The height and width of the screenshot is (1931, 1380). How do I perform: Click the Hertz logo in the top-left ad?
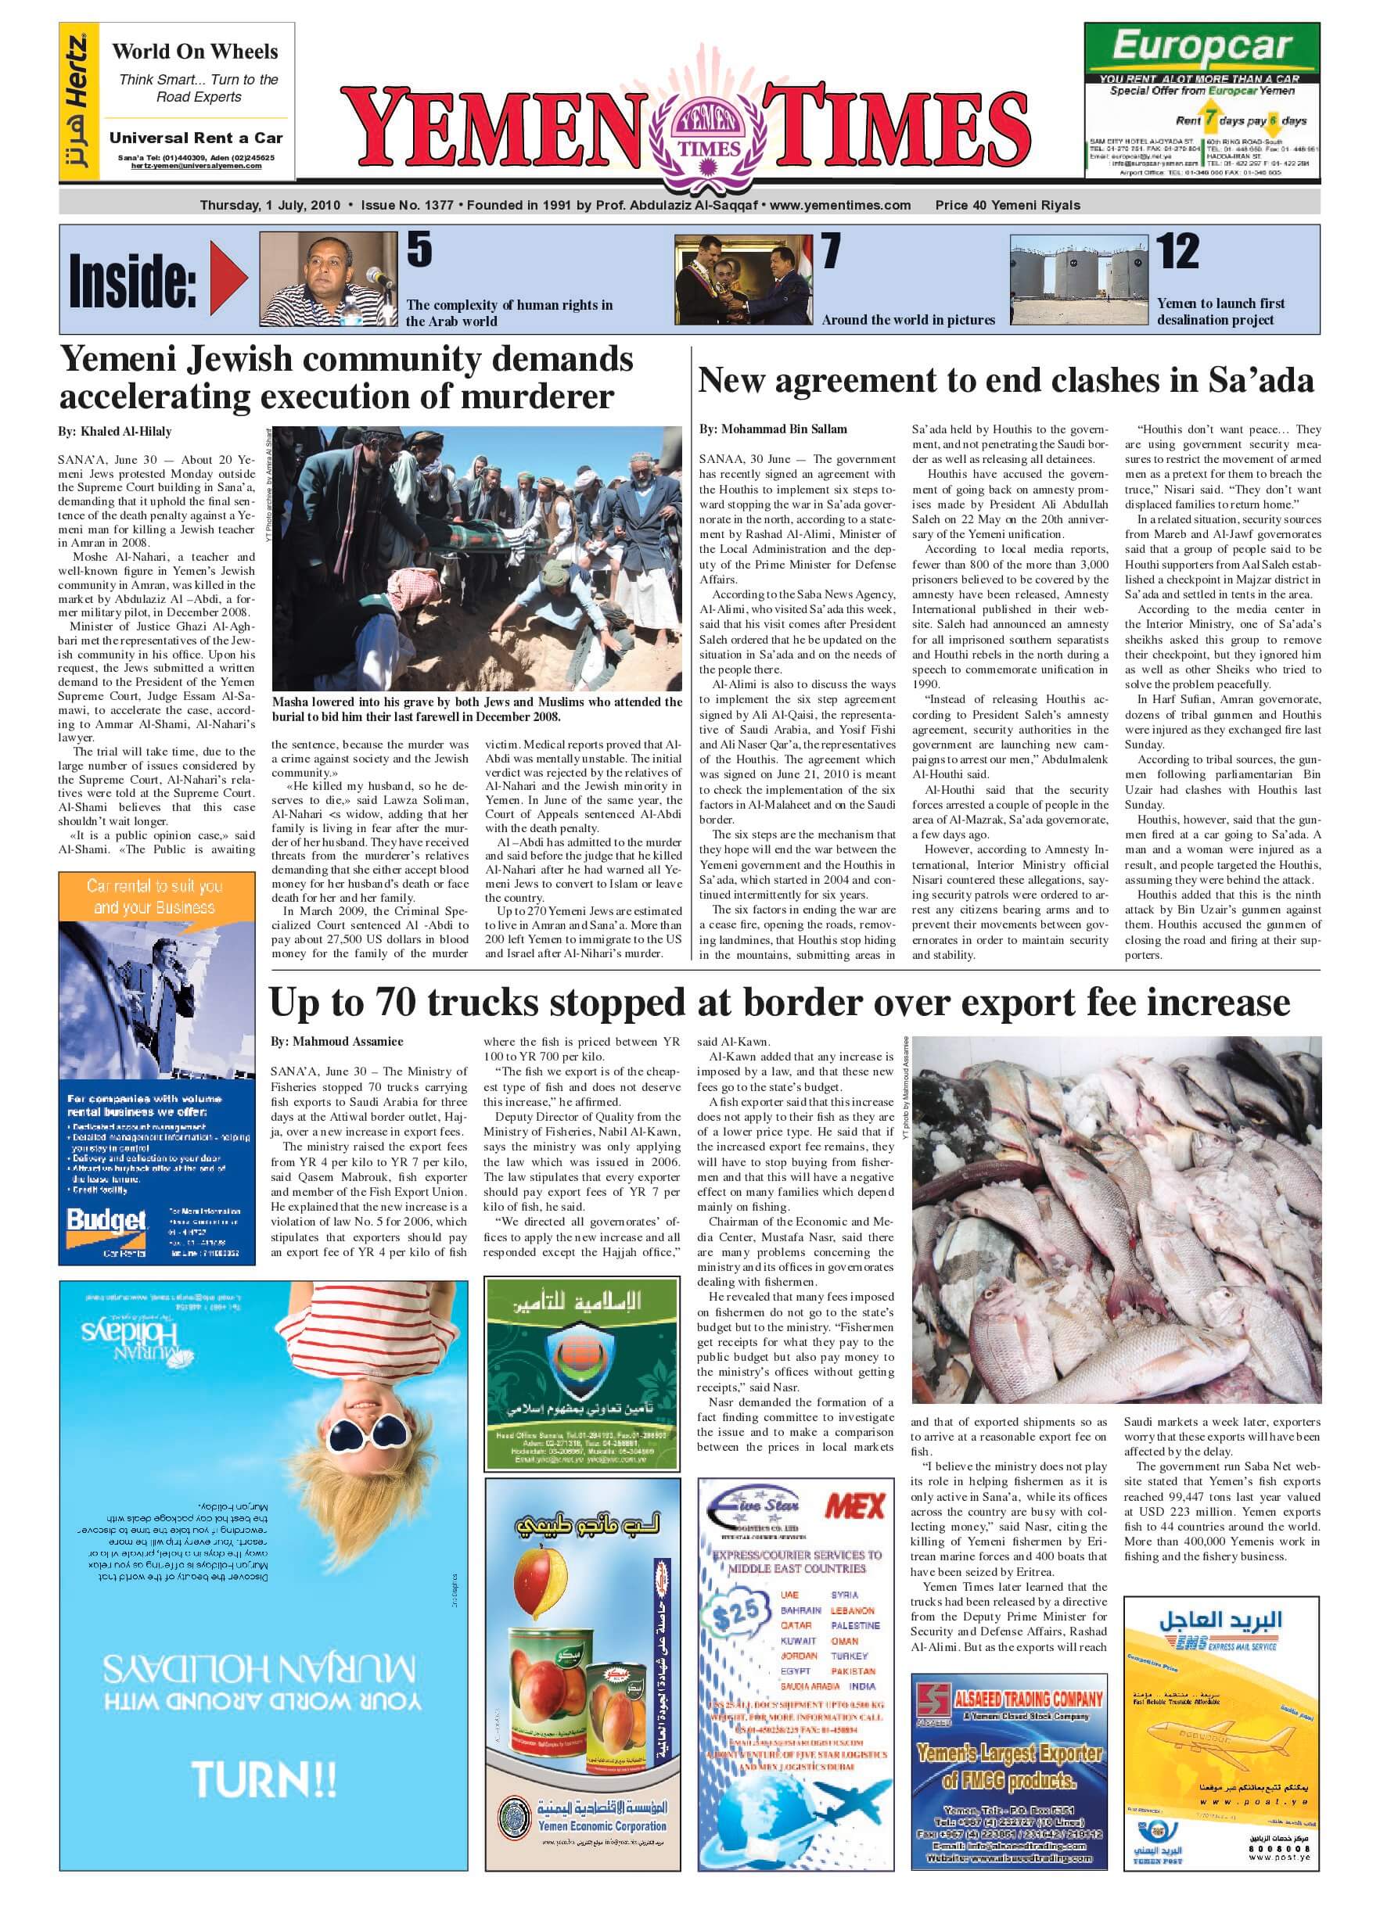point(77,102)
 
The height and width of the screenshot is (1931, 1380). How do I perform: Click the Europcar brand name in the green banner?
point(1202,46)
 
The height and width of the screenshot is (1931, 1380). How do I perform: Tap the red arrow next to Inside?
point(228,278)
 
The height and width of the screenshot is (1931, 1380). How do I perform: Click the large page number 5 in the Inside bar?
point(419,249)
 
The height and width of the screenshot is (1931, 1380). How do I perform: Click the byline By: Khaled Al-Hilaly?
point(115,432)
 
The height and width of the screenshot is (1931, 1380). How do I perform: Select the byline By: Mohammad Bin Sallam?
point(772,429)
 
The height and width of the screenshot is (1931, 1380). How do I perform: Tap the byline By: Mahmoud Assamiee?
point(336,1042)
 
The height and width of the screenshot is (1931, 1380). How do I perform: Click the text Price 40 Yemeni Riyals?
point(1007,205)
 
